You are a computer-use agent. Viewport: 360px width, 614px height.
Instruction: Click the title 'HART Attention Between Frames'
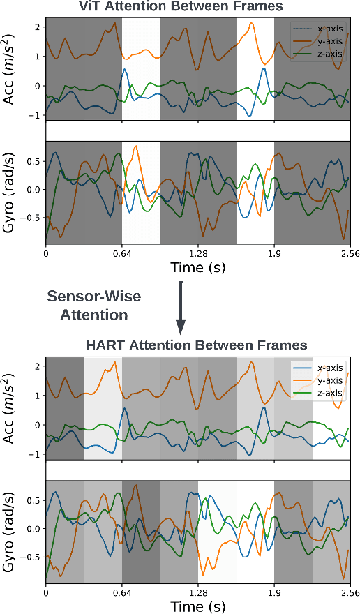pos(196,345)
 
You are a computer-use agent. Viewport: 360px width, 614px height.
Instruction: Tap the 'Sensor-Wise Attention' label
pos(93,306)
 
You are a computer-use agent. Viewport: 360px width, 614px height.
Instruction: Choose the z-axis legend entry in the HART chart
pos(329,393)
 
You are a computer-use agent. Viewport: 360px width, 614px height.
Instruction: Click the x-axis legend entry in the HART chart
pos(329,368)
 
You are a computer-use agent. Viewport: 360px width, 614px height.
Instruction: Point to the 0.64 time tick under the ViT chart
pos(122,254)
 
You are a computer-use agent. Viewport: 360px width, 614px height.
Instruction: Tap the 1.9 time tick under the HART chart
pos(274,592)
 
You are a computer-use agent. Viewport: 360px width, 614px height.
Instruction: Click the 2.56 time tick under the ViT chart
pos(350,254)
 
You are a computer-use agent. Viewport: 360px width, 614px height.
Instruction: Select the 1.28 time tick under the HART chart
pos(198,592)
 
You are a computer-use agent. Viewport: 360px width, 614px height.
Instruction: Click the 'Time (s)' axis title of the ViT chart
pos(198,268)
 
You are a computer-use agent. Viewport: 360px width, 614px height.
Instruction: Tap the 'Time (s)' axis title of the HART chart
pos(198,606)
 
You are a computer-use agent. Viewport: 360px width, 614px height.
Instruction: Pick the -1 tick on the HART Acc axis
pos(36,454)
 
